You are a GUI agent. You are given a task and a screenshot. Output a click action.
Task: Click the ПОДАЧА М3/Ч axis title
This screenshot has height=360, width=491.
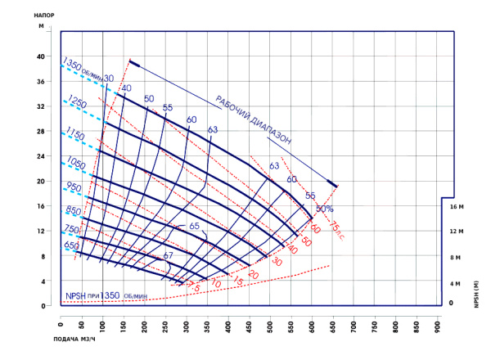(x=27, y=338)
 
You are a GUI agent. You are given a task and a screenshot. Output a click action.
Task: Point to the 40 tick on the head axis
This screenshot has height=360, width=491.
(x=40, y=56)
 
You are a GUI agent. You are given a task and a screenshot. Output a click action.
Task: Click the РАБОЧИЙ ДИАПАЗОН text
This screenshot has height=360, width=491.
(x=254, y=121)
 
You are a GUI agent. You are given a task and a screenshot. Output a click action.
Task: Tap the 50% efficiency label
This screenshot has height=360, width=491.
(x=325, y=209)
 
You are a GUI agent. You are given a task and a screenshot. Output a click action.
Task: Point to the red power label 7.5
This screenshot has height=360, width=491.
(x=194, y=287)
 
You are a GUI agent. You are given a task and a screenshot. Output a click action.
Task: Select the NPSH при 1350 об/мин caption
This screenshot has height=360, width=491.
(x=107, y=295)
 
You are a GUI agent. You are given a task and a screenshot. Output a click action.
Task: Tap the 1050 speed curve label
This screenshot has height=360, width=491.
(x=75, y=160)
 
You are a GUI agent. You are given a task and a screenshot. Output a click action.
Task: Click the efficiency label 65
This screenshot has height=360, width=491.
(x=194, y=226)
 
